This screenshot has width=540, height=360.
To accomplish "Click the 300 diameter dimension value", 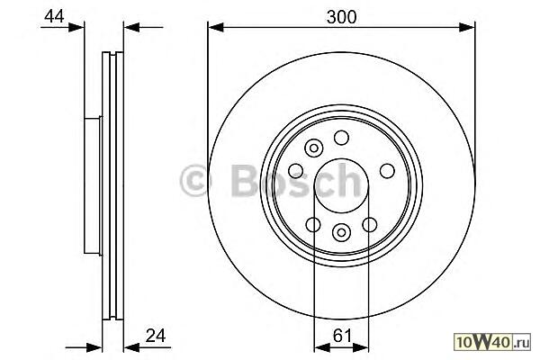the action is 341,17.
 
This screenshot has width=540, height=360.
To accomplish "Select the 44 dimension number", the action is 54,16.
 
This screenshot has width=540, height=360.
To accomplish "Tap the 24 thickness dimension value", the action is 156,335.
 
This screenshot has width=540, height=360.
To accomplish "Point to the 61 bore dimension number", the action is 342,335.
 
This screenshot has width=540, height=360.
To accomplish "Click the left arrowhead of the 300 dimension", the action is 216,27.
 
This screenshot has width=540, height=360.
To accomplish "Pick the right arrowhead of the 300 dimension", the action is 467,27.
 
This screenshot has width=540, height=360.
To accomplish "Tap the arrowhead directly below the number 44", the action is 76,27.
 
